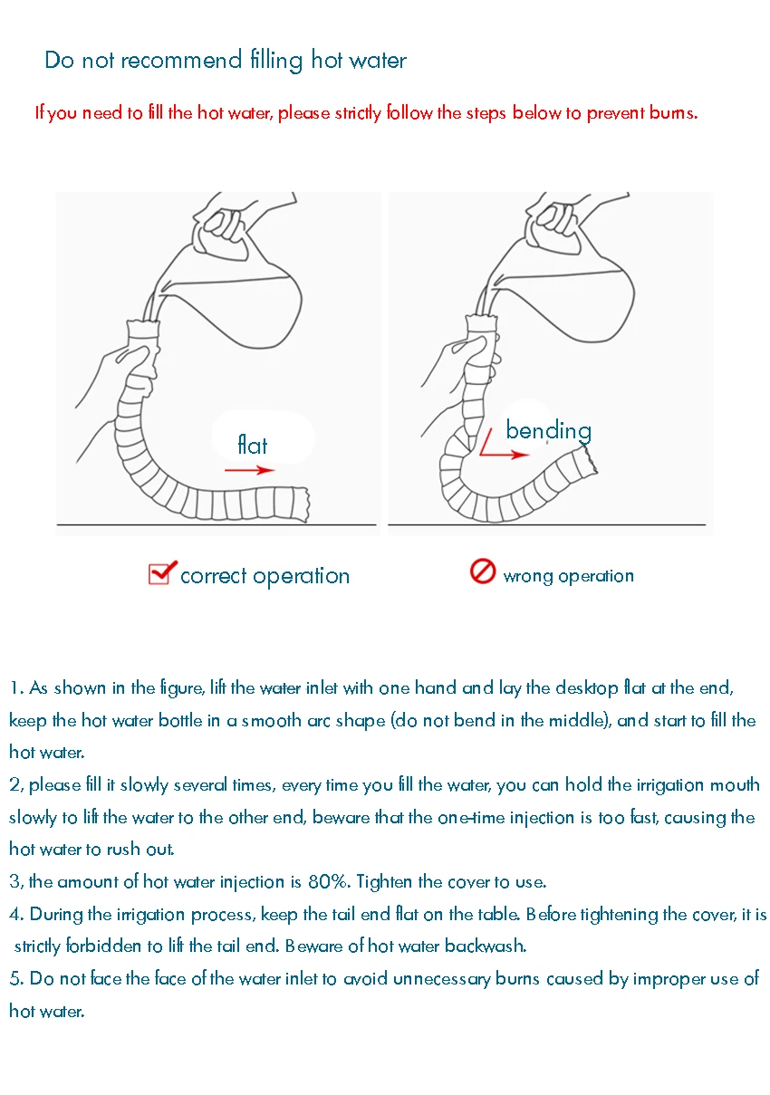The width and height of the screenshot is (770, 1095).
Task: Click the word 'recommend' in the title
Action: click(x=181, y=61)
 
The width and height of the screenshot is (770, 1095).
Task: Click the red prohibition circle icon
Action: click(x=483, y=571)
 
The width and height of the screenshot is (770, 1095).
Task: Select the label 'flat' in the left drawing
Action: click(x=252, y=445)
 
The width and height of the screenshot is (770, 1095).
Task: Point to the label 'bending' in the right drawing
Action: click(x=549, y=431)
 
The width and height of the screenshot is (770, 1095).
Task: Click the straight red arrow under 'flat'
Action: click(x=250, y=470)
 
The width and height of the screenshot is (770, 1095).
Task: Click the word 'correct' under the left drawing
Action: click(x=214, y=576)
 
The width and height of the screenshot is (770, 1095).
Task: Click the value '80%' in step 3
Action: click(x=329, y=882)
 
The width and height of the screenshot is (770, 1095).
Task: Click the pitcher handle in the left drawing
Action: click(x=221, y=225)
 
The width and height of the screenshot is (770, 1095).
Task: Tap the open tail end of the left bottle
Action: click(x=303, y=504)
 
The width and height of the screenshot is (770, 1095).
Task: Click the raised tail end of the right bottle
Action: click(x=589, y=459)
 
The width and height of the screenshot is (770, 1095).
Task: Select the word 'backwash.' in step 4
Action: click(x=486, y=946)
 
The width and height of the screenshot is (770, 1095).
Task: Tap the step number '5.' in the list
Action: click(x=16, y=979)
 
